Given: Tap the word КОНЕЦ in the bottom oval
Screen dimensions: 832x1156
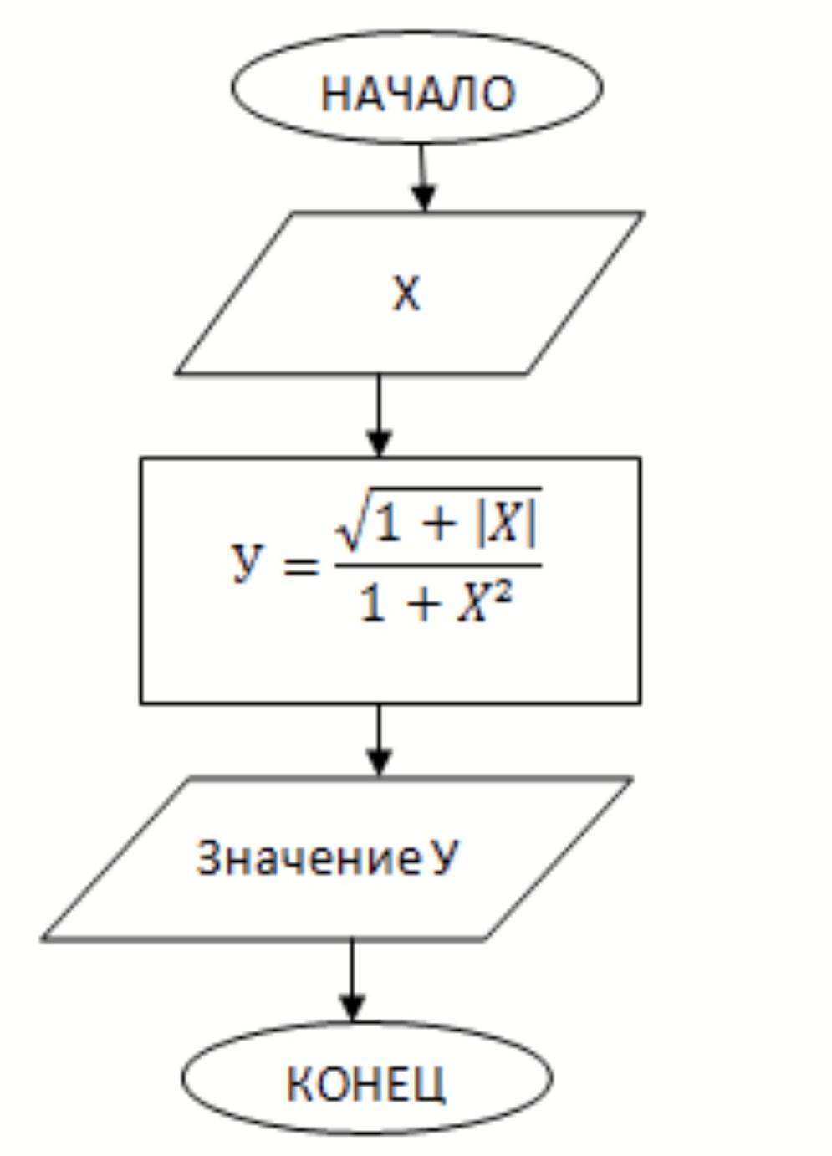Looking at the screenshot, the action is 366,1083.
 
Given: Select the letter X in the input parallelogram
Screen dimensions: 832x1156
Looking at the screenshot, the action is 406,294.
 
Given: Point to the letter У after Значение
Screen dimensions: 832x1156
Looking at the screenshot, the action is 445,858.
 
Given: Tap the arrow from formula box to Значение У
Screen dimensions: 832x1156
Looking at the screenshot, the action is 379,740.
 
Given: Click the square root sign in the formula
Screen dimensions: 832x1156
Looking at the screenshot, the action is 350,527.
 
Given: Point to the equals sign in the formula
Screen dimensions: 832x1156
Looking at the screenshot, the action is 300,566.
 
